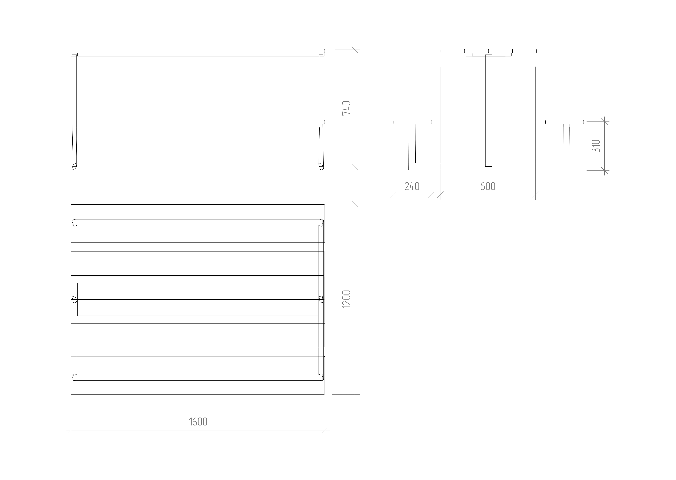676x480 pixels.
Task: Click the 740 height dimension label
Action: click(x=346, y=108)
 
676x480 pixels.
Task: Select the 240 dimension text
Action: click(x=412, y=186)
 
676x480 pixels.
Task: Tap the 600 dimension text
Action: click(x=488, y=186)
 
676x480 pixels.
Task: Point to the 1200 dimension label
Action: click(x=346, y=299)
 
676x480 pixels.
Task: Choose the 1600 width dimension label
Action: click(x=198, y=422)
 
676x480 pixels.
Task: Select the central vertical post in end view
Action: click(x=488, y=111)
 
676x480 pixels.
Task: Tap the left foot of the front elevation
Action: click(x=74, y=167)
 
